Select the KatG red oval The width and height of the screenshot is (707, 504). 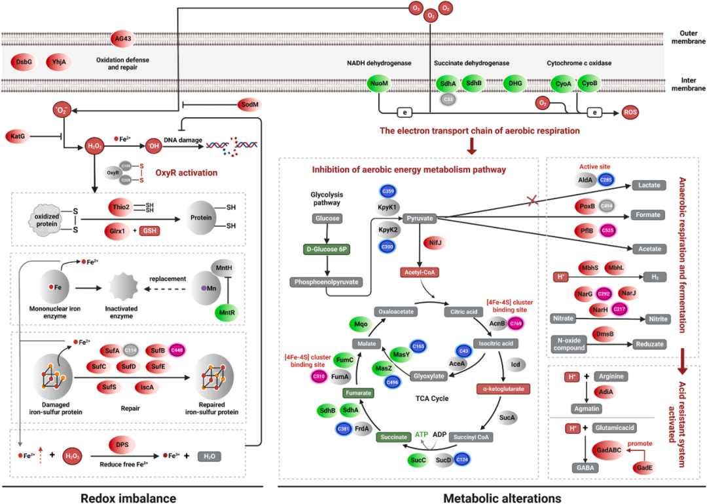(18, 136)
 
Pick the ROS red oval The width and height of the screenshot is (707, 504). (630, 112)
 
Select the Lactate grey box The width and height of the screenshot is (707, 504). (648, 186)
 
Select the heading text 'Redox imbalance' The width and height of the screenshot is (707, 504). (128, 498)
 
